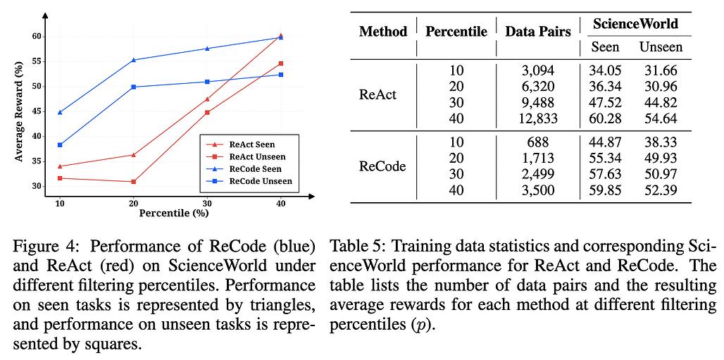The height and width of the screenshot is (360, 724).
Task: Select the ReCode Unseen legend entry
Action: click(257, 182)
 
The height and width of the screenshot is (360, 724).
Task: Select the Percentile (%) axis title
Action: click(170, 212)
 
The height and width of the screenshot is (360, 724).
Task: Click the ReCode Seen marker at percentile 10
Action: click(60, 112)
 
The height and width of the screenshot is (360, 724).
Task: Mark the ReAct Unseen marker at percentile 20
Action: click(134, 182)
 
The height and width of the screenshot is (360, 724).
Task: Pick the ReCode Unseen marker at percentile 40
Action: click(281, 75)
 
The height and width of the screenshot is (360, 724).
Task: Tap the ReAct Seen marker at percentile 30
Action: click(207, 99)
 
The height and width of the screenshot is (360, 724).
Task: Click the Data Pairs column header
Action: click(538, 31)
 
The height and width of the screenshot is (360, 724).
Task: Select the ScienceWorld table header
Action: click(635, 24)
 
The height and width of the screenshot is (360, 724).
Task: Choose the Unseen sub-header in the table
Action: click(661, 47)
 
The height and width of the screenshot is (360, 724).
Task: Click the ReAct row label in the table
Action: click(378, 94)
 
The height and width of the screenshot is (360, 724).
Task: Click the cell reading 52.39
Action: click(661, 190)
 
